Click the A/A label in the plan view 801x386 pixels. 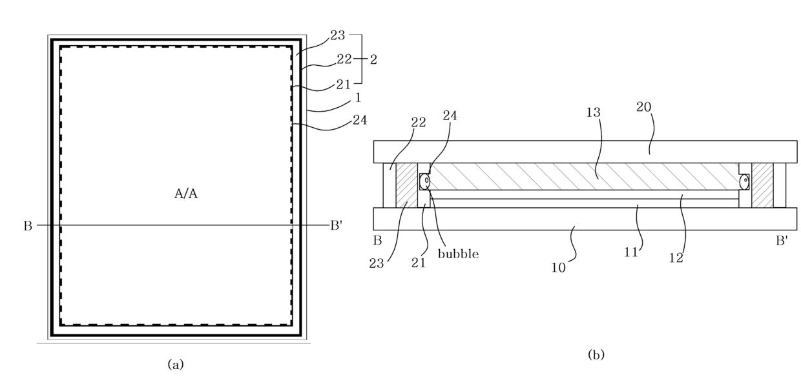pyautogui.click(x=185, y=194)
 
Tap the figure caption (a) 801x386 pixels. pyautogui.click(x=176, y=365)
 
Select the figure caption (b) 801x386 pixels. pyautogui.click(x=596, y=354)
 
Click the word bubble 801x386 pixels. pyautogui.click(x=458, y=254)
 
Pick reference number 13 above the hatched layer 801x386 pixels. pyautogui.click(x=594, y=112)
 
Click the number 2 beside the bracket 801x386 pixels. pyautogui.click(x=373, y=59)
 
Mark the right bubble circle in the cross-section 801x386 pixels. pyautogui.click(x=744, y=181)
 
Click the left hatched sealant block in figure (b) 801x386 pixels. pyautogui.click(x=406, y=185)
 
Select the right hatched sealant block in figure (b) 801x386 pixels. pyautogui.click(x=762, y=185)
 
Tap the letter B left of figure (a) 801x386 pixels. pyautogui.click(x=28, y=226)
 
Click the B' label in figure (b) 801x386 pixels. pyautogui.click(x=782, y=241)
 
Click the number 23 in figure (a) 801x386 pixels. pyautogui.click(x=337, y=36)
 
